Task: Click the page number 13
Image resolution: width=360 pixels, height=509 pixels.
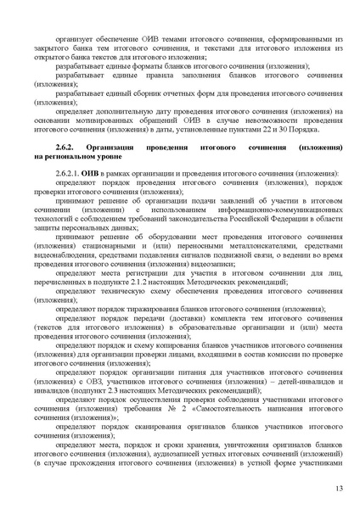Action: [337, 489]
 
